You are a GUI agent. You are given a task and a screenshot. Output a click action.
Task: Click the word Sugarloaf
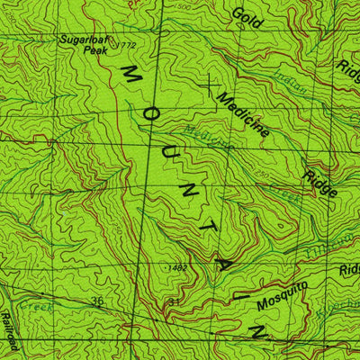pyautogui.click(x=83, y=40)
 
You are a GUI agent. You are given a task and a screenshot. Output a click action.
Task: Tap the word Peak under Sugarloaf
pyautogui.click(x=94, y=50)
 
